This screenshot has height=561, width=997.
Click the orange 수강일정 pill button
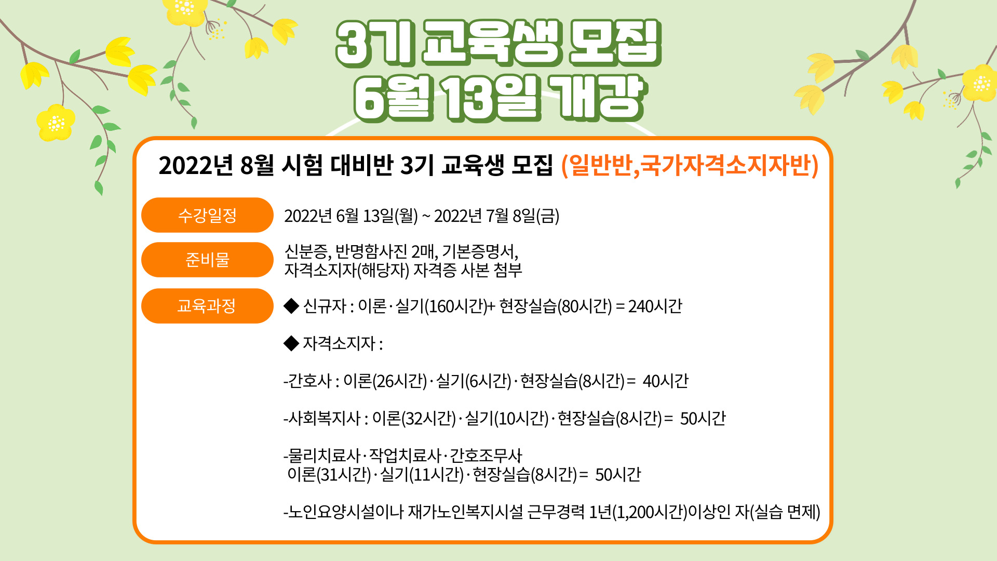(207, 215)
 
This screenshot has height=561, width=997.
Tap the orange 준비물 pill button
(207, 260)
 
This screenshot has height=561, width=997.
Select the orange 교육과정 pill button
(207, 306)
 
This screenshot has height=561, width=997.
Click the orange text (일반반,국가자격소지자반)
(690, 166)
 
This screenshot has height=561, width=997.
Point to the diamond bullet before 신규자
(291, 306)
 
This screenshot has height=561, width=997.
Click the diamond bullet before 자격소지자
(291, 343)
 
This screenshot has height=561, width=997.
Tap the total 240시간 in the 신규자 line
(655, 306)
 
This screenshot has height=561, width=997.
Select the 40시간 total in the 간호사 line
(666, 381)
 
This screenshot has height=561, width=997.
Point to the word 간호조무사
(486, 456)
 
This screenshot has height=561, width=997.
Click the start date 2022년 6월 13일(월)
(351, 216)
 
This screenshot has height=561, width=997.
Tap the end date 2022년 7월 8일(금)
(497, 216)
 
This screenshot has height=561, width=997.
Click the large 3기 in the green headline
(375, 44)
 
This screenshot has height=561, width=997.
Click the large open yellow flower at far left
(55, 123)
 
